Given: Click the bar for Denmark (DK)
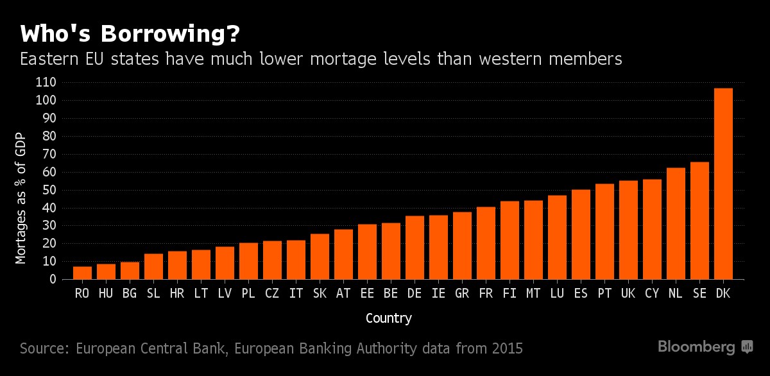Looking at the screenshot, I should [723, 184].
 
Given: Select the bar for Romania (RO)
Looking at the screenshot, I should [82, 273].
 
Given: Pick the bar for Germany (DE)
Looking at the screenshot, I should [415, 248].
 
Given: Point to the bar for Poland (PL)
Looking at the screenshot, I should [248, 261].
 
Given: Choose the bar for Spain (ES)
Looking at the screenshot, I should [581, 234].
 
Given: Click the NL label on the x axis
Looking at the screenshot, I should [676, 293].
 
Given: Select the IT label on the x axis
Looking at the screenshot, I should [296, 293].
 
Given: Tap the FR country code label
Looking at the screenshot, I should [486, 293].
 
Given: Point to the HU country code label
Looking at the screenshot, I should [106, 293].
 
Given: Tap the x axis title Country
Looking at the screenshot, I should [388, 318].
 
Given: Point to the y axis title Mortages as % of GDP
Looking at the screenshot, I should [21, 199].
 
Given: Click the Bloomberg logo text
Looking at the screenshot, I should [696, 347].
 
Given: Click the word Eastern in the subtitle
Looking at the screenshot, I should [48, 60].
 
